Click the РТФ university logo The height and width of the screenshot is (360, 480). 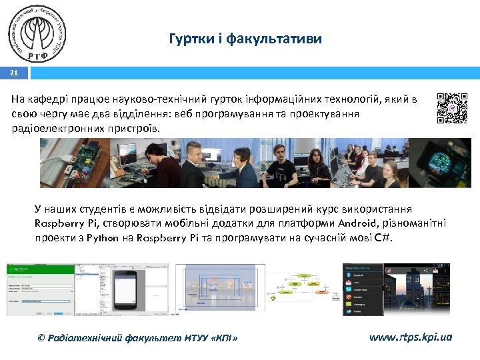click(38, 34)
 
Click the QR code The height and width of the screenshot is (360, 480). click(452, 108)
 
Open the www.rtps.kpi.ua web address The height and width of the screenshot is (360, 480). click(410, 337)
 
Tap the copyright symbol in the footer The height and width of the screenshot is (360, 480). click(42, 338)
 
